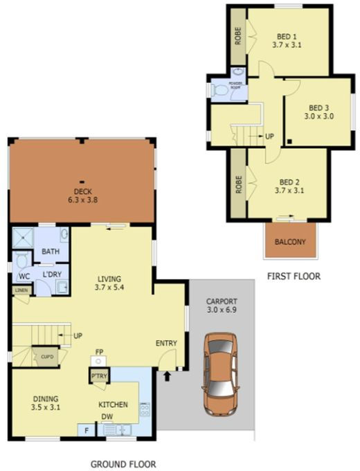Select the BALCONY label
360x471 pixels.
291,242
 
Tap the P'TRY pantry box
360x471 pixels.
98,376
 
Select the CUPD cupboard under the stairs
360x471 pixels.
47,357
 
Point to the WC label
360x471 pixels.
24,276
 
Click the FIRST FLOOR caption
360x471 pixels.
294,276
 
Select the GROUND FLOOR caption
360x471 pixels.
123,464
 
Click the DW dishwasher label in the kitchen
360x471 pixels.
108,417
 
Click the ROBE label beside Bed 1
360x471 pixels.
238,36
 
